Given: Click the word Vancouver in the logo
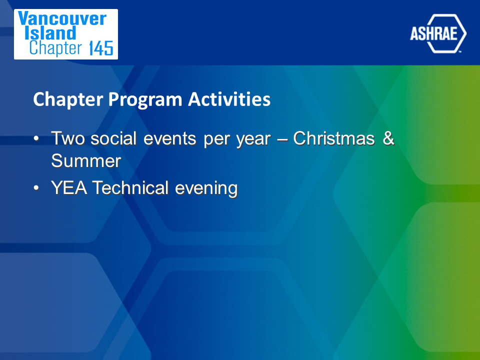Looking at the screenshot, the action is pyautogui.click(x=62, y=18).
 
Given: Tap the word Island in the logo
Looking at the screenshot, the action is pyautogui.click(x=50, y=33).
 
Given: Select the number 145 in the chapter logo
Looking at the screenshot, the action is pyautogui.click(x=101, y=48).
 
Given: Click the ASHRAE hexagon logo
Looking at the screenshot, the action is pyautogui.click(x=438, y=33).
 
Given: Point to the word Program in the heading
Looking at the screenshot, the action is pyautogui.click(x=145, y=100).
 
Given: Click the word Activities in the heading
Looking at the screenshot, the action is pyautogui.click(x=229, y=99).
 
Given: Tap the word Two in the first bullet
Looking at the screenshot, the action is pyautogui.click(x=67, y=138).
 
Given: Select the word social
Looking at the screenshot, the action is pyautogui.click(x=113, y=138).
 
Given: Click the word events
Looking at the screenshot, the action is pyautogui.click(x=169, y=138).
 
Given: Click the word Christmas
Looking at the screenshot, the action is pyautogui.click(x=334, y=138).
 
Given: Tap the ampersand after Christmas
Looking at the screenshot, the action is pyautogui.click(x=388, y=138).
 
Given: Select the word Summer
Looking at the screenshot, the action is pyautogui.click(x=86, y=160).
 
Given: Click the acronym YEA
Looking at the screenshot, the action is pyautogui.click(x=69, y=187).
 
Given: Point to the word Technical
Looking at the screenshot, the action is pyautogui.click(x=130, y=187).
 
